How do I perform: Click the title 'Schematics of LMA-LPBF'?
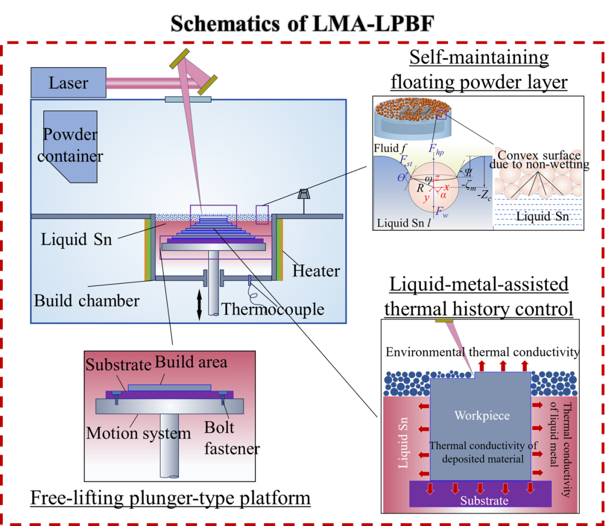click(302, 23)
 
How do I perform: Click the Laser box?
click(68, 83)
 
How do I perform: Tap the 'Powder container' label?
click(70, 145)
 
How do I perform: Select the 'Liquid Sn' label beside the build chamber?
click(76, 239)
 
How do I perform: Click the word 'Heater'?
click(316, 271)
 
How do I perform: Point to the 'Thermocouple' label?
click(273, 309)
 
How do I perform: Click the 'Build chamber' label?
click(86, 300)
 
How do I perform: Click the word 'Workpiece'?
click(482, 416)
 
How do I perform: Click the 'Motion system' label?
click(139, 433)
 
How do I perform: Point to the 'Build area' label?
click(191, 362)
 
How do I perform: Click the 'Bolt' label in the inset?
click(219, 427)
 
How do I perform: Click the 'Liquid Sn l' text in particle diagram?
click(403, 223)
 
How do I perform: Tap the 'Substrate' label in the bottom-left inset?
click(118, 365)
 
